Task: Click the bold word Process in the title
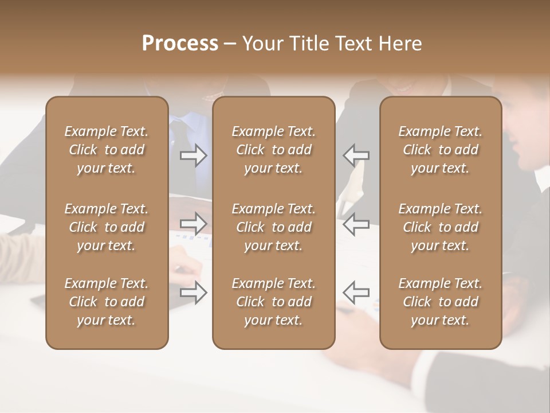[x=180, y=44]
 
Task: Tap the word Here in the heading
[x=400, y=44]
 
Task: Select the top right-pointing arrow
[x=194, y=155]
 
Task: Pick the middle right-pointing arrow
[x=194, y=224]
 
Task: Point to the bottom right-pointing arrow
[x=194, y=293]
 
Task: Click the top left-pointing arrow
[x=356, y=155]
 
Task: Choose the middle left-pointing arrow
[x=356, y=224]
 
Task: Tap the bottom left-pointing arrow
[x=356, y=293]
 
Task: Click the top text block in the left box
[x=107, y=150]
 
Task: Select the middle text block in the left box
[x=107, y=227]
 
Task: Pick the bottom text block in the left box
[x=107, y=302]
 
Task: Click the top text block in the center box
[x=274, y=150]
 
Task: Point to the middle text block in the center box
[x=274, y=227]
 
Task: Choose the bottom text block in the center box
[x=274, y=302]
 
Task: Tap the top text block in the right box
[x=441, y=150]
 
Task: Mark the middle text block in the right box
[x=441, y=227]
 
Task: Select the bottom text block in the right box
[x=441, y=302]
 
